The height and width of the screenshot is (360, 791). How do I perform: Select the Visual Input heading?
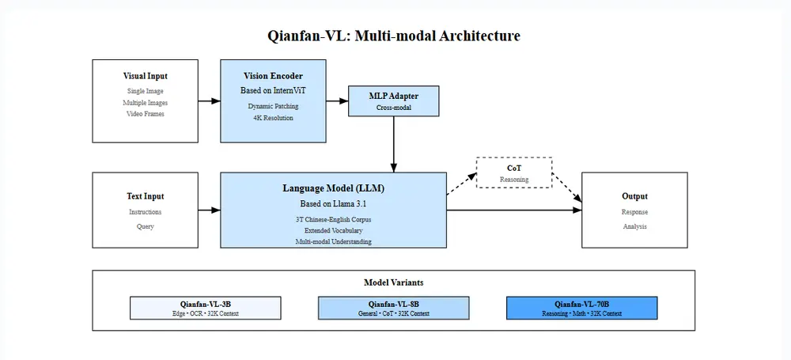coord(145,77)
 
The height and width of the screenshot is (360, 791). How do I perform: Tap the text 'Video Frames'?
coord(145,114)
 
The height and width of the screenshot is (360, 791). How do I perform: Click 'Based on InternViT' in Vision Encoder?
coord(272,91)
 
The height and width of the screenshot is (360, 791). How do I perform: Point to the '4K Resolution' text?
coord(272,118)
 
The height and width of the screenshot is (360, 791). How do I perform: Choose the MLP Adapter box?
coord(393,101)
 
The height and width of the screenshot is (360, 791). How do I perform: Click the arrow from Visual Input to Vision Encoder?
coord(209,101)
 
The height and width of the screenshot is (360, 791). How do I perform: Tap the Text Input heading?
coord(145,196)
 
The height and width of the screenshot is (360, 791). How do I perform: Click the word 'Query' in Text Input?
coord(145,226)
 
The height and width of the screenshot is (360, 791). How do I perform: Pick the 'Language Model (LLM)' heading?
coord(333,188)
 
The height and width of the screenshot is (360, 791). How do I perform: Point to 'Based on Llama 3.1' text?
coord(333,204)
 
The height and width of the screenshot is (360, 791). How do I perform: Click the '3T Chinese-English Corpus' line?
coord(333,218)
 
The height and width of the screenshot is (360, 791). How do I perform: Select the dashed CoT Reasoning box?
coord(514,173)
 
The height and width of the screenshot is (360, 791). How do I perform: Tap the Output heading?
coord(634,196)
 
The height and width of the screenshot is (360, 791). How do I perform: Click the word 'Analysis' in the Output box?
coord(634,226)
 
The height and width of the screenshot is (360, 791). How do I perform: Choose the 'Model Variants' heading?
coord(393,282)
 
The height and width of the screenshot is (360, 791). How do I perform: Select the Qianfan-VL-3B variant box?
coord(205,308)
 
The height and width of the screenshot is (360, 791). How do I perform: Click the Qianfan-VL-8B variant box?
coord(393,308)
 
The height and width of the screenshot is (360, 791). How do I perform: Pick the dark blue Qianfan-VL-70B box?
coord(581,308)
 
